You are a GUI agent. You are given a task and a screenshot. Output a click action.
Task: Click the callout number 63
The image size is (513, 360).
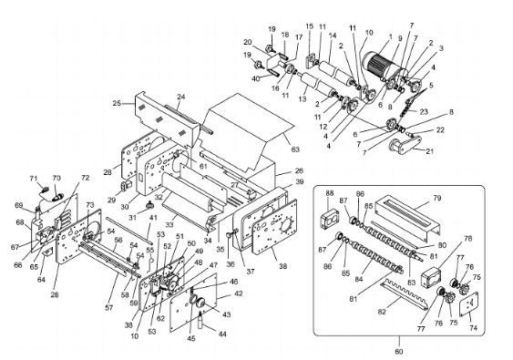click(x=295, y=149)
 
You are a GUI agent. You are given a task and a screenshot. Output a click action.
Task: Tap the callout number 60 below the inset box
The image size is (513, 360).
click(x=399, y=352)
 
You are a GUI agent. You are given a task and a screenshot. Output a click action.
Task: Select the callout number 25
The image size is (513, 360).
click(x=117, y=103)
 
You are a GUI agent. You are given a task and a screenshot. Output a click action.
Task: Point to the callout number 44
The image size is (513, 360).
click(x=222, y=334)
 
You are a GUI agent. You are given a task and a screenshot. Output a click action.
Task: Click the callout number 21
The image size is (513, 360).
click(x=430, y=151)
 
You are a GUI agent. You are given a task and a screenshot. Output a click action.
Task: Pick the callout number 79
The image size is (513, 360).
click(x=437, y=198)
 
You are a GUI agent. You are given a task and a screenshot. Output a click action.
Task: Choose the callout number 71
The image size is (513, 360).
click(x=34, y=179)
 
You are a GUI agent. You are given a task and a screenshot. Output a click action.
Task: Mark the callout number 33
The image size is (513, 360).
click(x=169, y=225)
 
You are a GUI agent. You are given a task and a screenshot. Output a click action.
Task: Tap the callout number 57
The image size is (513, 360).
click(x=109, y=308)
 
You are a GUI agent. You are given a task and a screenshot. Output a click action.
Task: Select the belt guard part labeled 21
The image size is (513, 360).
click(x=404, y=145)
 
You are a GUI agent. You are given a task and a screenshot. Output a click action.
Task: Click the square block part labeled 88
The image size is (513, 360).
click(x=329, y=218)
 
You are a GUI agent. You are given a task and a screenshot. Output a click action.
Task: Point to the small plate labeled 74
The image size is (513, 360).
click(x=468, y=304)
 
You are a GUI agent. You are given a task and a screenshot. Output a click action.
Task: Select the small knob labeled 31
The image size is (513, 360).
click(x=149, y=205)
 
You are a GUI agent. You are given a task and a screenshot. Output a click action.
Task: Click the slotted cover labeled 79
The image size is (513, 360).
click(x=407, y=215)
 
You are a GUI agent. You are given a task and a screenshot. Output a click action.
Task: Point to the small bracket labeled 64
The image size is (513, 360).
click(x=48, y=252)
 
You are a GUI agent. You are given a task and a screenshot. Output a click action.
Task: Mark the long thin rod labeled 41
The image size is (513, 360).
click(x=129, y=230)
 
